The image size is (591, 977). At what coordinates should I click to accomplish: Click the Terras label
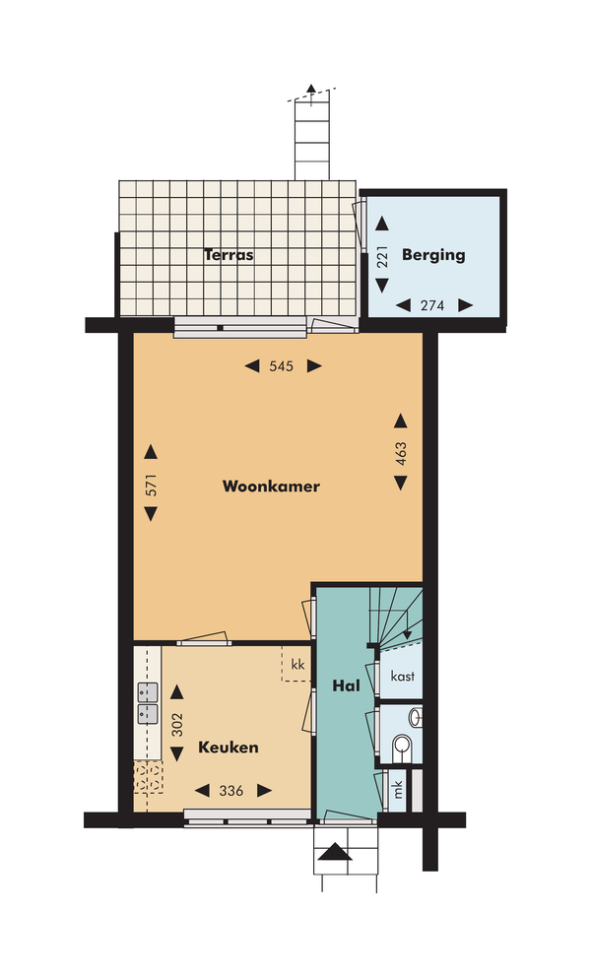pos(229,255)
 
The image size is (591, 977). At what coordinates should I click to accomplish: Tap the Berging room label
pos(433,255)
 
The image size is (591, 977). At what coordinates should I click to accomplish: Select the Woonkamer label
pos(271,486)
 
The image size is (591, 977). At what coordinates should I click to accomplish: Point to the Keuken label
pos(229,748)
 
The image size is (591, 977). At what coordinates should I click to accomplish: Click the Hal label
pos(346,686)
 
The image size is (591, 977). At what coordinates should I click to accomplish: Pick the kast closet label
pos(403,676)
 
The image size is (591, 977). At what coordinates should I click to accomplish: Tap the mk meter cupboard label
pos(398,790)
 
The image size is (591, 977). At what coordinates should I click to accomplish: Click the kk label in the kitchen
pos(298,664)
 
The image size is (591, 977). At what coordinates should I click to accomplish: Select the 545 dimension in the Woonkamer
pos(281,366)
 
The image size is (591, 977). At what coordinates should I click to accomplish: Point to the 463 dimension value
pos(401,454)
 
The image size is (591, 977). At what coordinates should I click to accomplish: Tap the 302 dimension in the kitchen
pos(177,725)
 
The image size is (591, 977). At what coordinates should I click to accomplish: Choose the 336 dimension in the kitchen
pos(231,791)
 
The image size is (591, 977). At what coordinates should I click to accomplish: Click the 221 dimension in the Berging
pos(382,256)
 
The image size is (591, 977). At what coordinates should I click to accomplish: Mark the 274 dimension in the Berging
pos(432,305)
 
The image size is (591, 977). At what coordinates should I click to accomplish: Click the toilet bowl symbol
pos(402,748)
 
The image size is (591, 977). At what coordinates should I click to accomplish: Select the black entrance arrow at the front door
pos(334,851)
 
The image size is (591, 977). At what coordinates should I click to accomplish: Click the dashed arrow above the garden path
pos(311,94)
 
